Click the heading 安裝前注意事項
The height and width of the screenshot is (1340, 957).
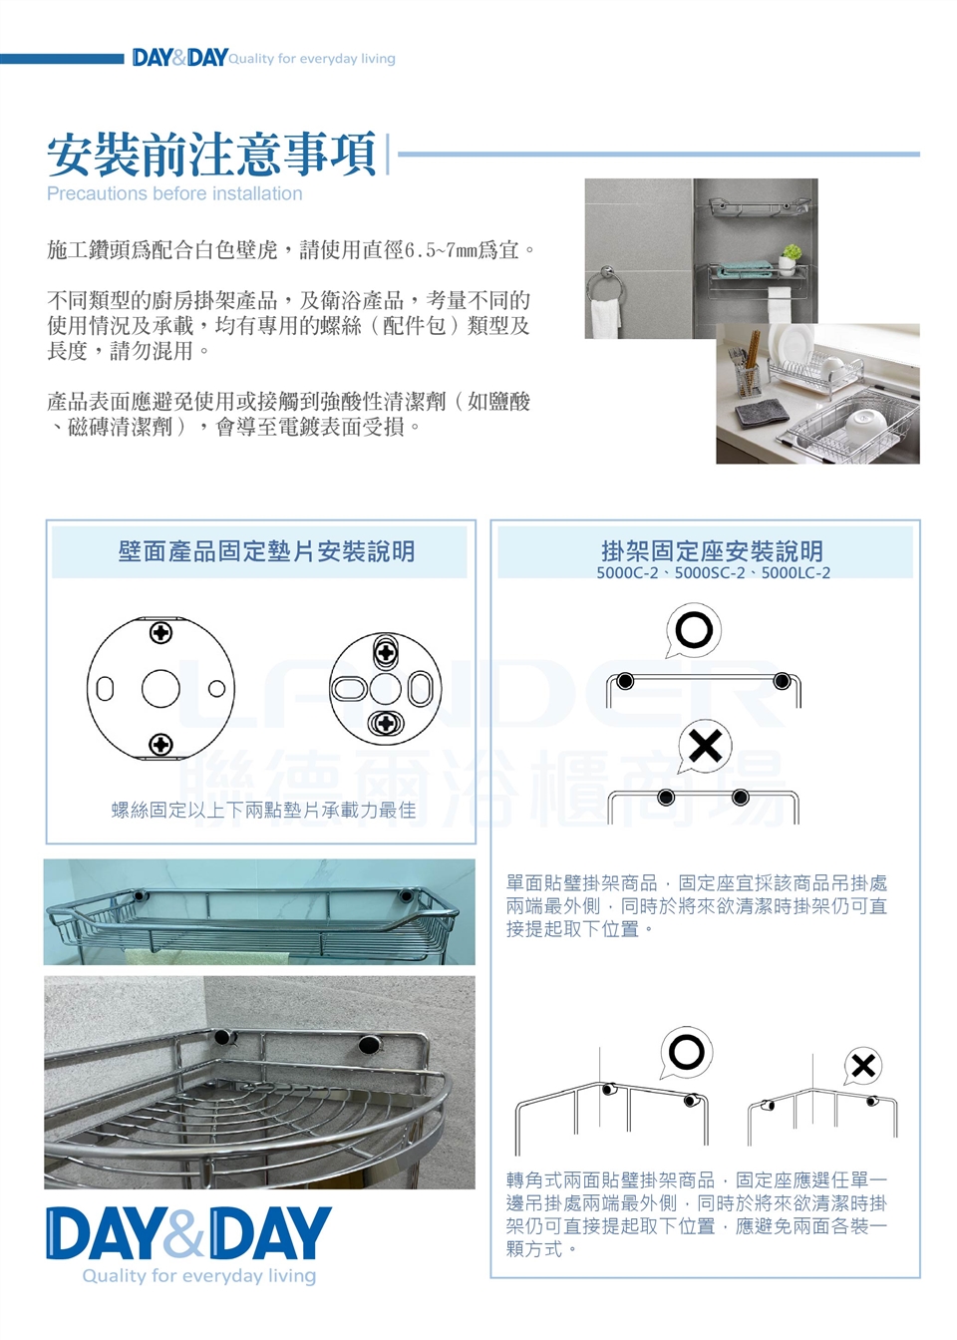coord(211,155)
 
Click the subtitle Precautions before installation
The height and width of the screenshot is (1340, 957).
coord(174,193)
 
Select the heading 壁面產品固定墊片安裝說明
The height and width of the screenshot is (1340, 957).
coord(266,551)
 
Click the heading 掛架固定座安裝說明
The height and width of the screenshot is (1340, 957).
coord(713,549)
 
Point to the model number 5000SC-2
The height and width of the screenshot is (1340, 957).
coord(710,573)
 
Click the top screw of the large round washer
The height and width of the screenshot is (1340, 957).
coord(160,633)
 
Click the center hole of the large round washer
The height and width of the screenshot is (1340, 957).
coord(160,689)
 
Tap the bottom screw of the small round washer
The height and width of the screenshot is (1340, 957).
coord(385,723)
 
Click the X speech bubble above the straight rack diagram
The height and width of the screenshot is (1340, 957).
coord(705,746)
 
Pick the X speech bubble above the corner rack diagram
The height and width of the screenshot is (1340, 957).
coord(863,1066)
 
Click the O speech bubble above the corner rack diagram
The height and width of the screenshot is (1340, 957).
coord(686,1052)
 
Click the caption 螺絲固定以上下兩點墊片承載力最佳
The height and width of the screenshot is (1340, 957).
coord(263,810)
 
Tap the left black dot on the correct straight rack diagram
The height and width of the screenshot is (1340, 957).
coord(624,681)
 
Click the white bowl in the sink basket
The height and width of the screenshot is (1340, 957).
coord(865,423)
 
